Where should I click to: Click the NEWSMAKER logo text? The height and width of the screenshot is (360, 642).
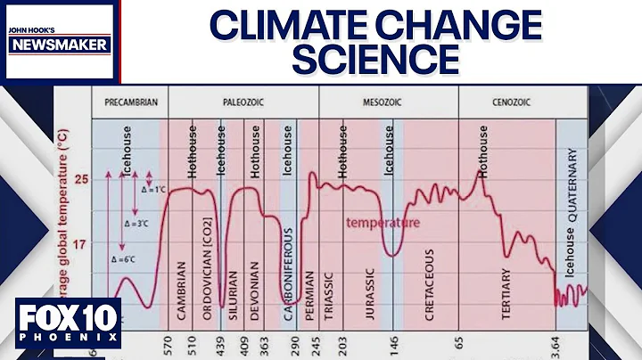coord(58,44)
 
